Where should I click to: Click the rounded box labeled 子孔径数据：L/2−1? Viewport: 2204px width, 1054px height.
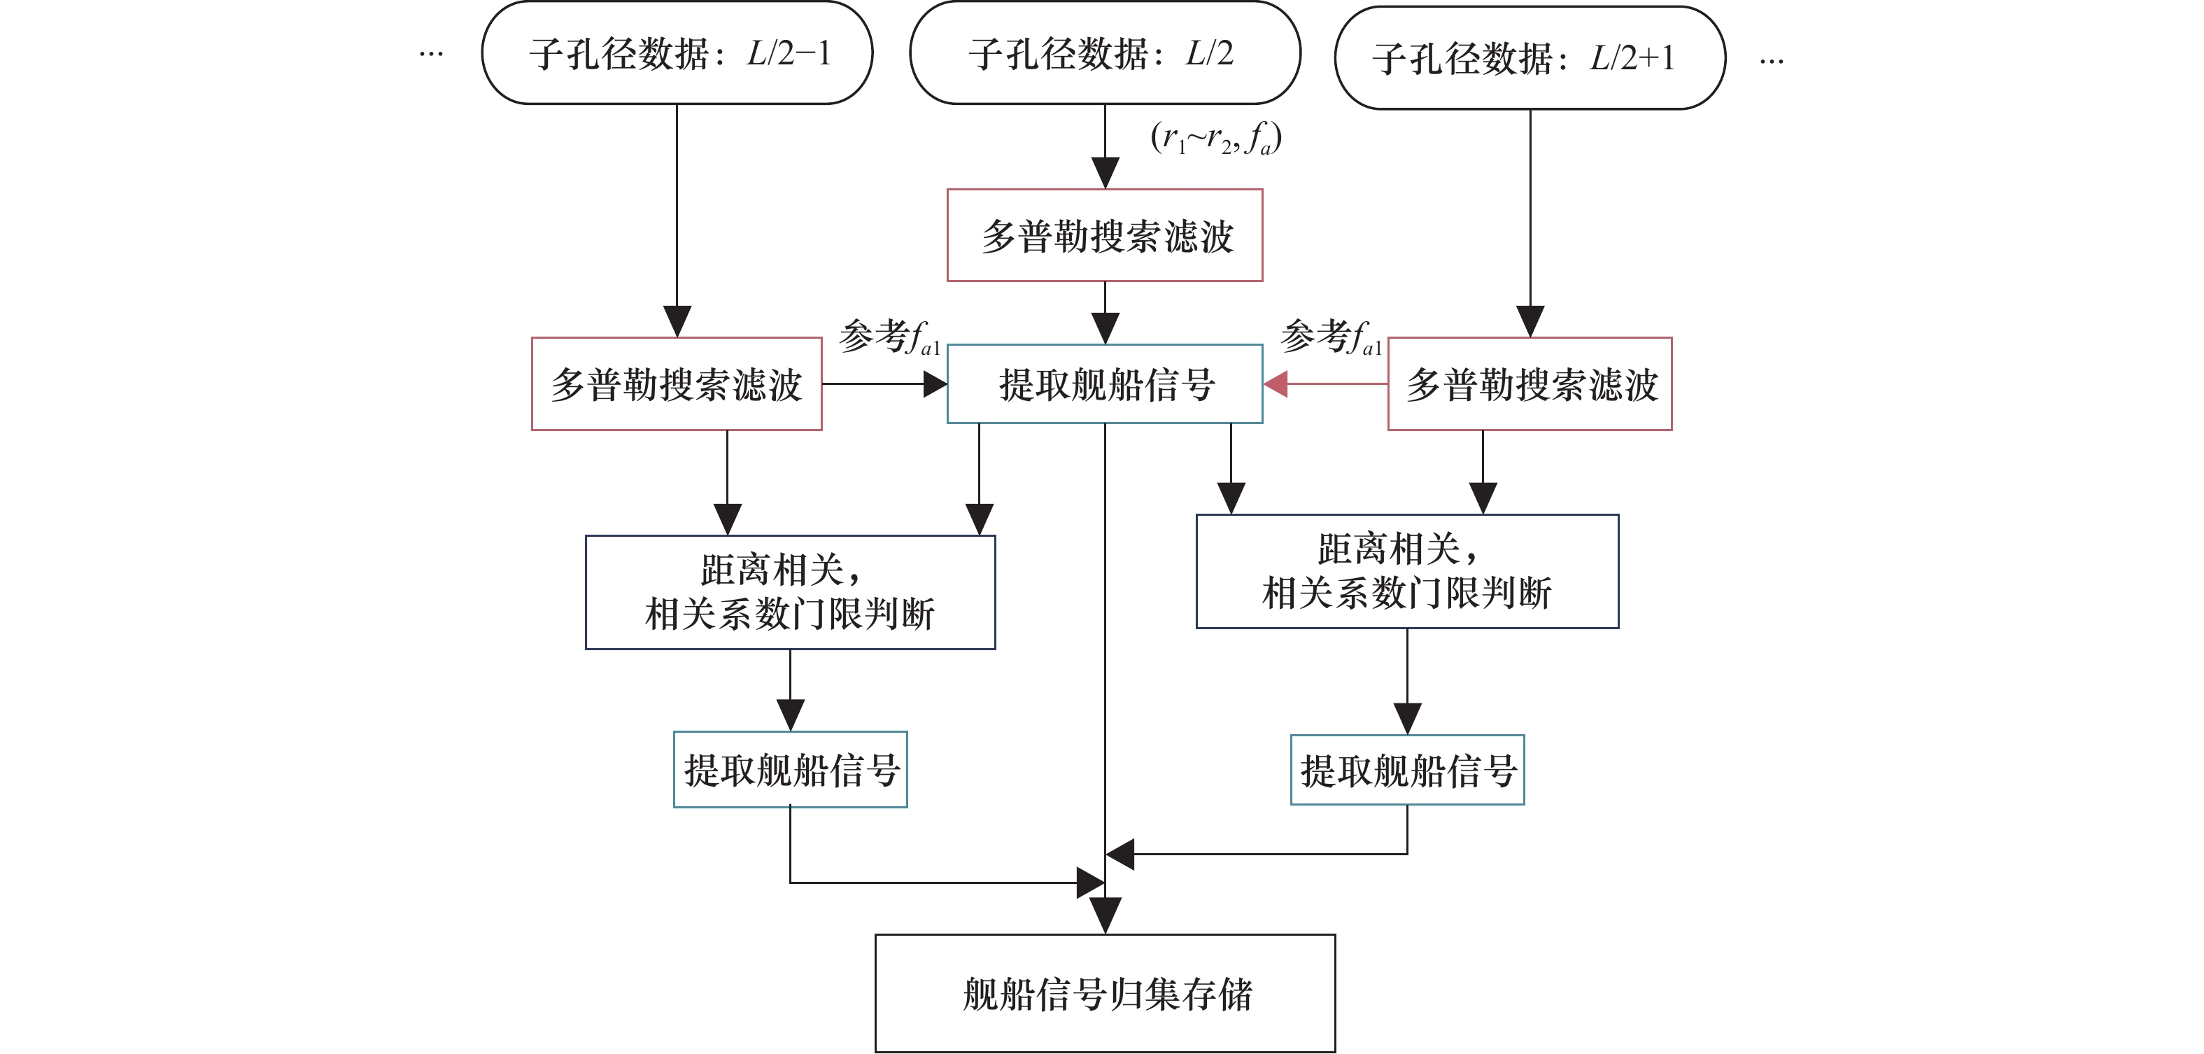[677, 53]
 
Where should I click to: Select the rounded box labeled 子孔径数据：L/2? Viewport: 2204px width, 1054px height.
[1105, 53]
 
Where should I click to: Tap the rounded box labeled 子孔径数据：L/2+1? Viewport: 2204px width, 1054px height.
[1530, 58]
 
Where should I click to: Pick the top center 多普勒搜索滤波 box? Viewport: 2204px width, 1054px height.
[1105, 235]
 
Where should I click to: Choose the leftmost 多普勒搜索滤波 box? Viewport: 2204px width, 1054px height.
[677, 384]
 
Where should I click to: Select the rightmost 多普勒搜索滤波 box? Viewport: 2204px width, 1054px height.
[1530, 384]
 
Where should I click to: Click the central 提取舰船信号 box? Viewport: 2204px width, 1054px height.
[1105, 384]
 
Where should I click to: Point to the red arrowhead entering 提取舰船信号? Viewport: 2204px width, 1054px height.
[1276, 384]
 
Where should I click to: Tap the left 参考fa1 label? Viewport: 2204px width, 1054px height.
[890, 336]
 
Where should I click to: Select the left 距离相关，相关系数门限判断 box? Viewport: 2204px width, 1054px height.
[790, 592]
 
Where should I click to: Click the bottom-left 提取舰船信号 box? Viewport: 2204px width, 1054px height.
[790, 769]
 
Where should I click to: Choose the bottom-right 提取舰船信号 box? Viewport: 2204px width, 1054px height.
[1408, 770]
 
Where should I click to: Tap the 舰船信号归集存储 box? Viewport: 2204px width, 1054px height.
[1105, 993]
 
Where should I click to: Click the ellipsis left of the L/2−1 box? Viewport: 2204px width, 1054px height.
[431, 55]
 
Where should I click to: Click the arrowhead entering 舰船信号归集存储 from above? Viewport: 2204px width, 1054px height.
[1105, 916]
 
